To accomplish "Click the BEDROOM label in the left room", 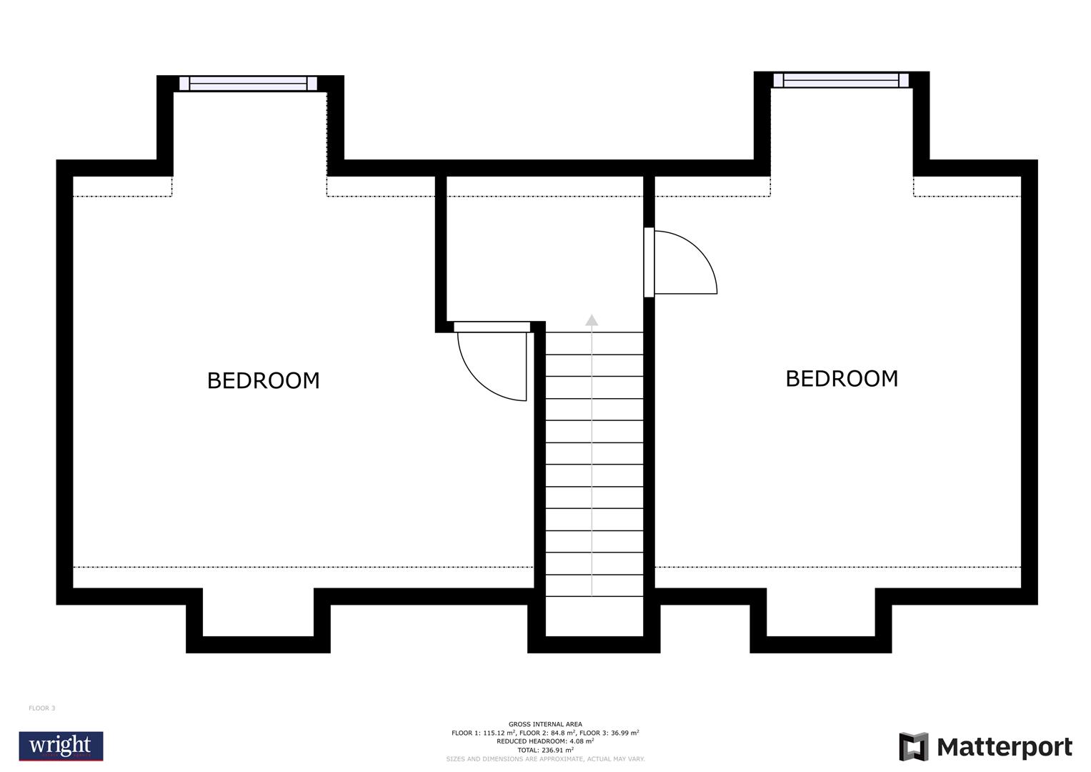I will [x=263, y=380].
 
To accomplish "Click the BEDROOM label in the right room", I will [x=842, y=378].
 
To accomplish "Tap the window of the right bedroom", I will [x=841, y=80].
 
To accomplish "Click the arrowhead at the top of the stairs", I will [x=592, y=320].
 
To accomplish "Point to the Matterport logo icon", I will [x=913, y=747].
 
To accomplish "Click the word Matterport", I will [x=1005, y=748].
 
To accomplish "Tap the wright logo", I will [x=61, y=746].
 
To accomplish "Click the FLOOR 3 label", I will [x=41, y=708].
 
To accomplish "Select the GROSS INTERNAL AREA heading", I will [x=545, y=724].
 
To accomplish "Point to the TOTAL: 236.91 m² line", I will [x=545, y=750].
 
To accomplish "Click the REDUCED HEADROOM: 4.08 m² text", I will [x=545, y=741].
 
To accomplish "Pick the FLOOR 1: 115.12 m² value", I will [x=484, y=733].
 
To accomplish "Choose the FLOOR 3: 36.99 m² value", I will [x=609, y=733].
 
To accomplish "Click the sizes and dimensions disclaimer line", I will [x=545, y=758].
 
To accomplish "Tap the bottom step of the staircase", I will [x=594, y=585].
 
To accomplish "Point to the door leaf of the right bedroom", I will [x=649, y=262].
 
